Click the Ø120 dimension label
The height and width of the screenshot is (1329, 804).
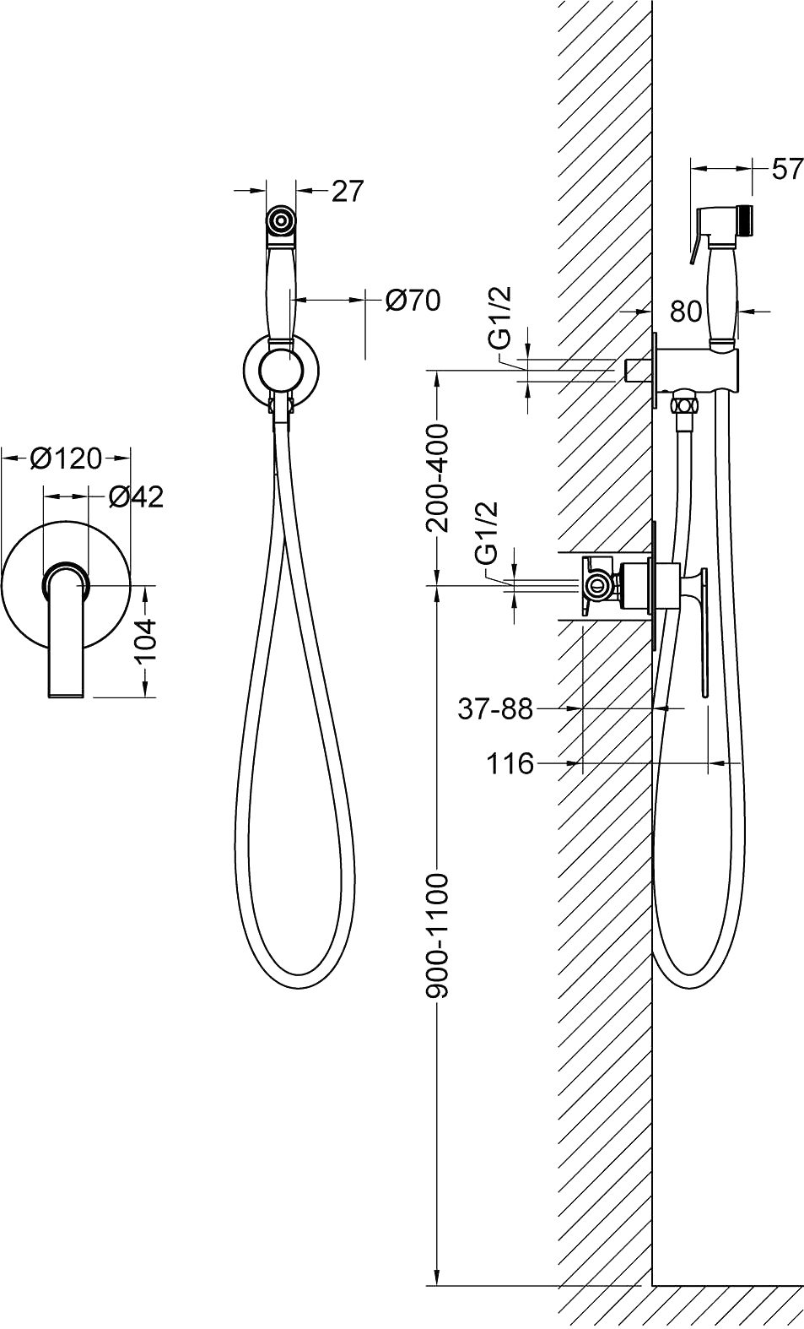[67, 458]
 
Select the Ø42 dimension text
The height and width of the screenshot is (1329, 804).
[136, 497]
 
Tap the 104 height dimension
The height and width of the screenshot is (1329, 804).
[145, 641]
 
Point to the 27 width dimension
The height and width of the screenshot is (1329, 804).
[347, 191]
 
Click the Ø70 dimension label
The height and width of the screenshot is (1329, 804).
[412, 301]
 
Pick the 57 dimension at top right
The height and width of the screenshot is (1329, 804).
[787, 169]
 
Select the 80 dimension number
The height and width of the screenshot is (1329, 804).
[686, 311]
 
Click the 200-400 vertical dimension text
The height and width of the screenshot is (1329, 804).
[438, 478]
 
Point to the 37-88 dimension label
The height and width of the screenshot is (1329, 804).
[496, 709]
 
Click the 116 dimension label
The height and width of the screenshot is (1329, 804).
[510, 763]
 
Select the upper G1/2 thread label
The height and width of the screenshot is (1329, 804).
[502, 317]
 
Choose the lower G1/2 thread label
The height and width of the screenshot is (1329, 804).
[486, 534]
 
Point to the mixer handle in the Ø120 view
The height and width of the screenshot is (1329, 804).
[66, 631]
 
